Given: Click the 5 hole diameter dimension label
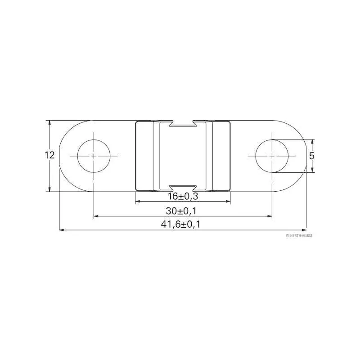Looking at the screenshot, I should pos(312,155).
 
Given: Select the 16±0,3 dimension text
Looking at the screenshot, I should pos(182,196).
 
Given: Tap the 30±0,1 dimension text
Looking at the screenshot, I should pos(182,211).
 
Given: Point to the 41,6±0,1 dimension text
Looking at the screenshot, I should pos(182,225).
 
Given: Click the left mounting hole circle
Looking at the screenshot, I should pos(94,156).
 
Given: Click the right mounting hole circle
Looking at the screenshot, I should pos(272,156).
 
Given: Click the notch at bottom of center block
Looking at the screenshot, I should pos(182,188).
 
